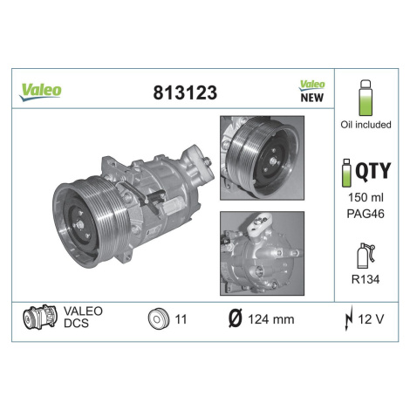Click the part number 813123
pyautogui.click(x=185, y=92)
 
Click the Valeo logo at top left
pyautogui.click(x=40, y=92)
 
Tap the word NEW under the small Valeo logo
pyautogui.click(x=311, y=98)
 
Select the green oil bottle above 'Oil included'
pyautogui.click(x=366, y=98)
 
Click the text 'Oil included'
pyautogui.click(x=366, y=125)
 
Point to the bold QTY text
pyautogui.click(x=373, y=171)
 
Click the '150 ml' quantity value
pyautogui.click(x=366, y=197)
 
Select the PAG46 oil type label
pyautogui.click(x=366, y=214)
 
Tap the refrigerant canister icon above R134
pyautogui.click(x=366, y=256)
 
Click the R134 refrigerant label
pyautogui.click(x=366, y=279)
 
